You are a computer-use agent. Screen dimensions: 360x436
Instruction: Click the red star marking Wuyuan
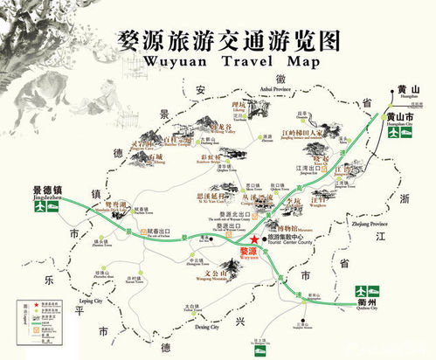coord(253,239)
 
